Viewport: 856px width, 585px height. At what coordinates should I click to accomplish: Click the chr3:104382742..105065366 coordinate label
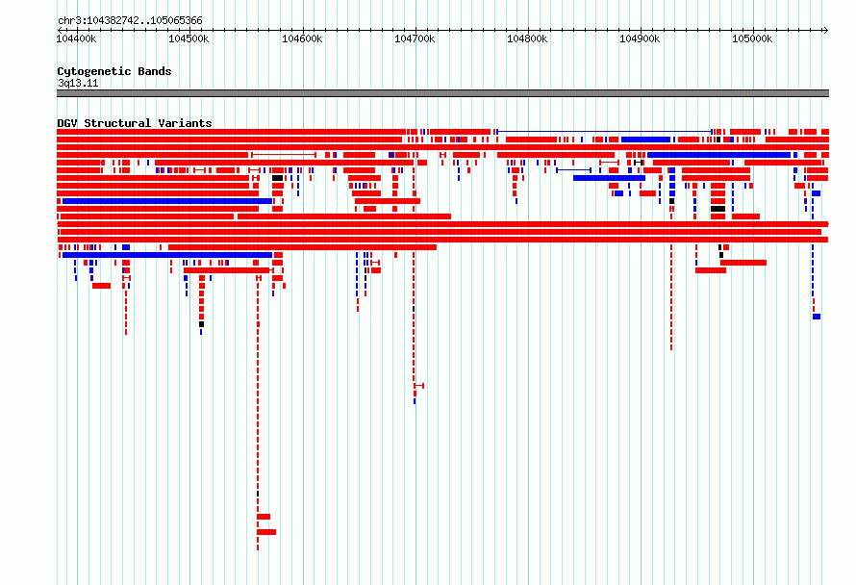(x=130, y=20)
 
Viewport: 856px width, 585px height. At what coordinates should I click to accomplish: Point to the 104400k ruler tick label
(x=76, y=38)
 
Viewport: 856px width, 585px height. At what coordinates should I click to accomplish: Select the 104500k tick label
(x=189, y=38)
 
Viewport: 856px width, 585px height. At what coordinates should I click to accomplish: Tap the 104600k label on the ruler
(x=302, y=38)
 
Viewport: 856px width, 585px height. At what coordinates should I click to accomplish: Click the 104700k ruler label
(x=415, y=38)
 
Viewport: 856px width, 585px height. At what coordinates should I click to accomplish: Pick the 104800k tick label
(x=527, y=38)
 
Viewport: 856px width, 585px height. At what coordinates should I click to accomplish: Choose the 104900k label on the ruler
(x=640, y=38)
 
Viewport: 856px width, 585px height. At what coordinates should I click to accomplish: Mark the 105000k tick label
(x=752, y=38)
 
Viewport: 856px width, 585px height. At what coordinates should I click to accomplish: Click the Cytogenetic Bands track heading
(x=114, y=71)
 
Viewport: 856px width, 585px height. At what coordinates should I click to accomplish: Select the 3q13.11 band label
(x=78, y=83)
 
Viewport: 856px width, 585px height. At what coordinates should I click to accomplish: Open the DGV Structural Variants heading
(x=135, y=123)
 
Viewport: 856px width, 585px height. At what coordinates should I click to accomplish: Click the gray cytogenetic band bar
(x=442, y=93)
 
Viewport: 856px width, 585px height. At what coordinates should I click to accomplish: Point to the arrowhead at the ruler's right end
(x=826, y=30)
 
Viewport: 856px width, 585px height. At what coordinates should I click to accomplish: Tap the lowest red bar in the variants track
(x=266, y=532)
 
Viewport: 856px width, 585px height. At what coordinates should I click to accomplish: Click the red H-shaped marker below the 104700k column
(x=419, y=386)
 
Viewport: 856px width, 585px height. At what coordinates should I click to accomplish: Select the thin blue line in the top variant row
(x=604, y=132)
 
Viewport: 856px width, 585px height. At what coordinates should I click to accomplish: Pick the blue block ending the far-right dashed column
(x=817, y=317)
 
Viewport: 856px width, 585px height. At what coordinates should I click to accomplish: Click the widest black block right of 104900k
(x=718, y=209)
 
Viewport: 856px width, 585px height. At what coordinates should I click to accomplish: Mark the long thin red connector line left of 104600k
(x=284, y=155)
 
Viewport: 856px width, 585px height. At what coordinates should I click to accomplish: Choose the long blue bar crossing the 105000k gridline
(x=719, y=155)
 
